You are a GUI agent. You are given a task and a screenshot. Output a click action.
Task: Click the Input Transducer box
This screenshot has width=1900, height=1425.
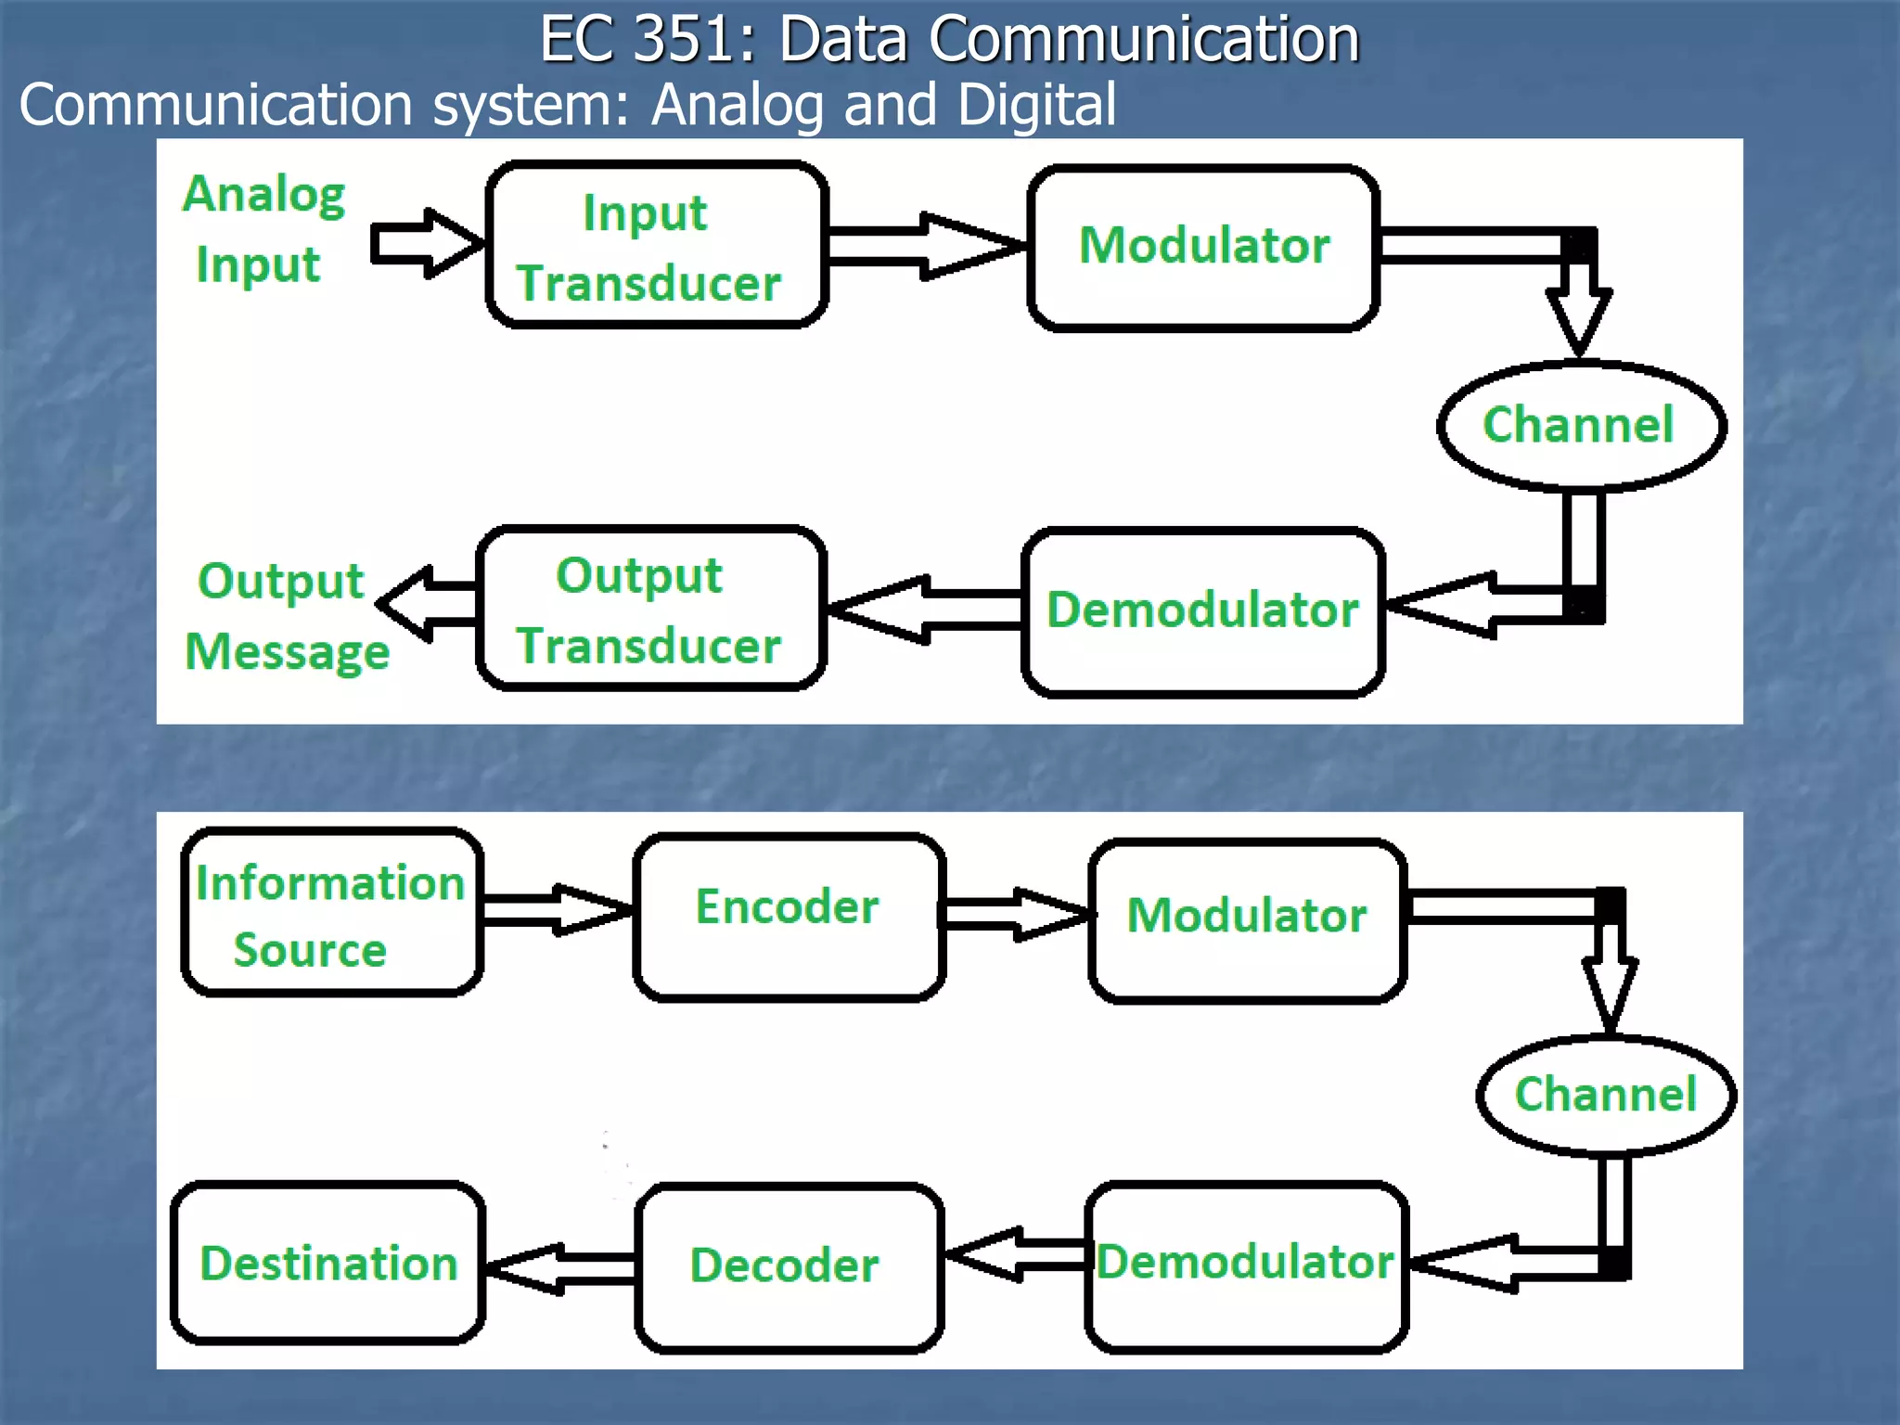[657, 245]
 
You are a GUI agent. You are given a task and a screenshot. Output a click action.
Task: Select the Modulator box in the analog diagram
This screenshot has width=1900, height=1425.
[1203, 247]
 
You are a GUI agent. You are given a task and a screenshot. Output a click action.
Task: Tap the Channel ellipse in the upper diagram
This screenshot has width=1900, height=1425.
[1581, 425]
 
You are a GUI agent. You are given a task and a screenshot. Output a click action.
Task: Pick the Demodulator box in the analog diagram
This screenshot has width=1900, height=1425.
[1203, 610]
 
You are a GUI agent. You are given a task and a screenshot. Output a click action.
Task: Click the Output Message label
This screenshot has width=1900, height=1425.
[286, 615]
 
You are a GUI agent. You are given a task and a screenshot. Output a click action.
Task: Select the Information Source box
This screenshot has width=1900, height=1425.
[331, 913]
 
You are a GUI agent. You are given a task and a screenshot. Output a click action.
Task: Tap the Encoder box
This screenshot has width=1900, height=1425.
[789, 917]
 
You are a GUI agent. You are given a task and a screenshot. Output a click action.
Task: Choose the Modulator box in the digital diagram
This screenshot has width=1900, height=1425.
[1247, 920]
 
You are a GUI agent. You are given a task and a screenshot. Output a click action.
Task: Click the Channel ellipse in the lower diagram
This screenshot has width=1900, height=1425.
[1605, 1095]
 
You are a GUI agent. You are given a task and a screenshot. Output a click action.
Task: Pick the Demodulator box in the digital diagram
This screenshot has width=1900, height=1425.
[1246, 1265]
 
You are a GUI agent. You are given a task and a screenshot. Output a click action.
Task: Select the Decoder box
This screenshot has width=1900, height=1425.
[789, 1267]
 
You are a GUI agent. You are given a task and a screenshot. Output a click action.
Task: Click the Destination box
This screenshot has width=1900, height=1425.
[328, 1264]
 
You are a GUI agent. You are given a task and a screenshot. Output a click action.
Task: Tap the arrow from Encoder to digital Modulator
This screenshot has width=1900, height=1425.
[1017, 914]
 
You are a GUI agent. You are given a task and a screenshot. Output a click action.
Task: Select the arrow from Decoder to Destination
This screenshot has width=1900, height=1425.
[560, 1267]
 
